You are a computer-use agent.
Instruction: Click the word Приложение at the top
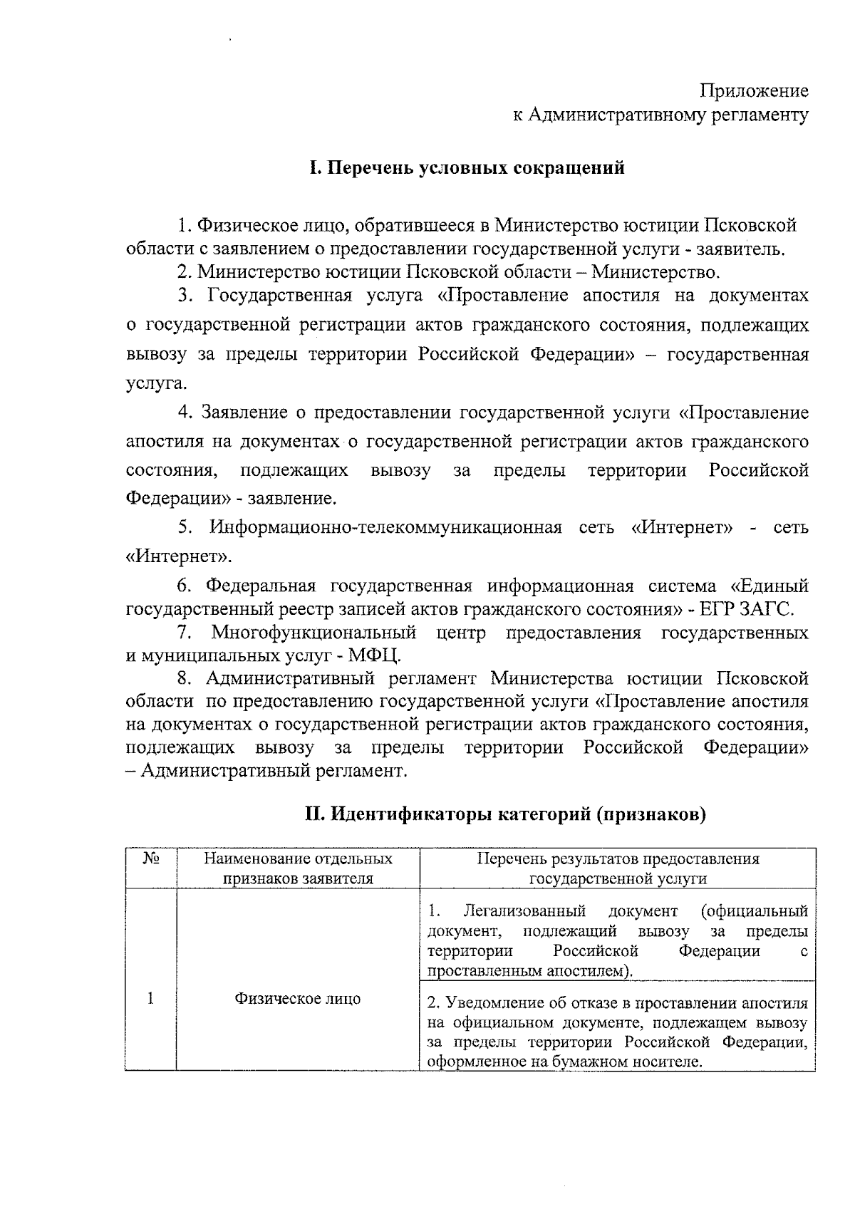point(755,91)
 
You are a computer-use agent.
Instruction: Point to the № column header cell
point(150,859)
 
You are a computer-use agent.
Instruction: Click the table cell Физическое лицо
point(298,999)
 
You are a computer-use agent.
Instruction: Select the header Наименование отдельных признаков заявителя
point(298,868)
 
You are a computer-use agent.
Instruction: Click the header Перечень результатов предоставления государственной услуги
point(618,868)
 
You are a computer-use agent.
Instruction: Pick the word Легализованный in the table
point(524,911)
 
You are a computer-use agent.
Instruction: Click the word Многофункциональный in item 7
point(314,633)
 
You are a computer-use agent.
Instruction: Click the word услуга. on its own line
point(147,384)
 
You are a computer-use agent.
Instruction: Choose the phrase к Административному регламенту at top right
point(660,115)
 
